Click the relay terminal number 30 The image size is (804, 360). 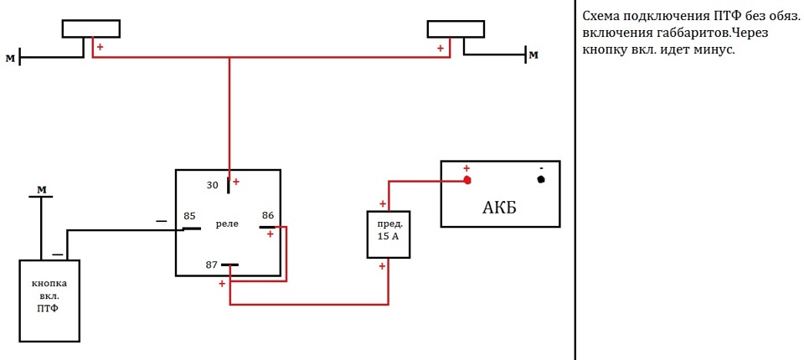[213, 185]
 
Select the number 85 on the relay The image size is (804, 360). [190, 216]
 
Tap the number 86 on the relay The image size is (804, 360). [268, 215]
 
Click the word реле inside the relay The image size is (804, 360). [228, 225]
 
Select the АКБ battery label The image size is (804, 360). [500, 208]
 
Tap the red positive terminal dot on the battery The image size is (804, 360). [467, 180]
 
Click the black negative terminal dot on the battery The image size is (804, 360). [540, 179]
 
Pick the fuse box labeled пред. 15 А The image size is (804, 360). [389, 234]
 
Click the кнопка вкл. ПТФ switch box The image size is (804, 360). [49, 301]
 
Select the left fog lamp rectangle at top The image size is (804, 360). [91, 28]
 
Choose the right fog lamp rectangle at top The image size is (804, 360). [456, 28]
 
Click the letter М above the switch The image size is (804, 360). [42, 190]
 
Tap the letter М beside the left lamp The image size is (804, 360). [10, 58]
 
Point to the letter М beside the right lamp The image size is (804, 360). [533, 54]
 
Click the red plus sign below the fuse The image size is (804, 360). [382, 266]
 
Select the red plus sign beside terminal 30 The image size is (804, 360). [236, 182]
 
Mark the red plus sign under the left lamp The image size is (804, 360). [100, 47]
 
